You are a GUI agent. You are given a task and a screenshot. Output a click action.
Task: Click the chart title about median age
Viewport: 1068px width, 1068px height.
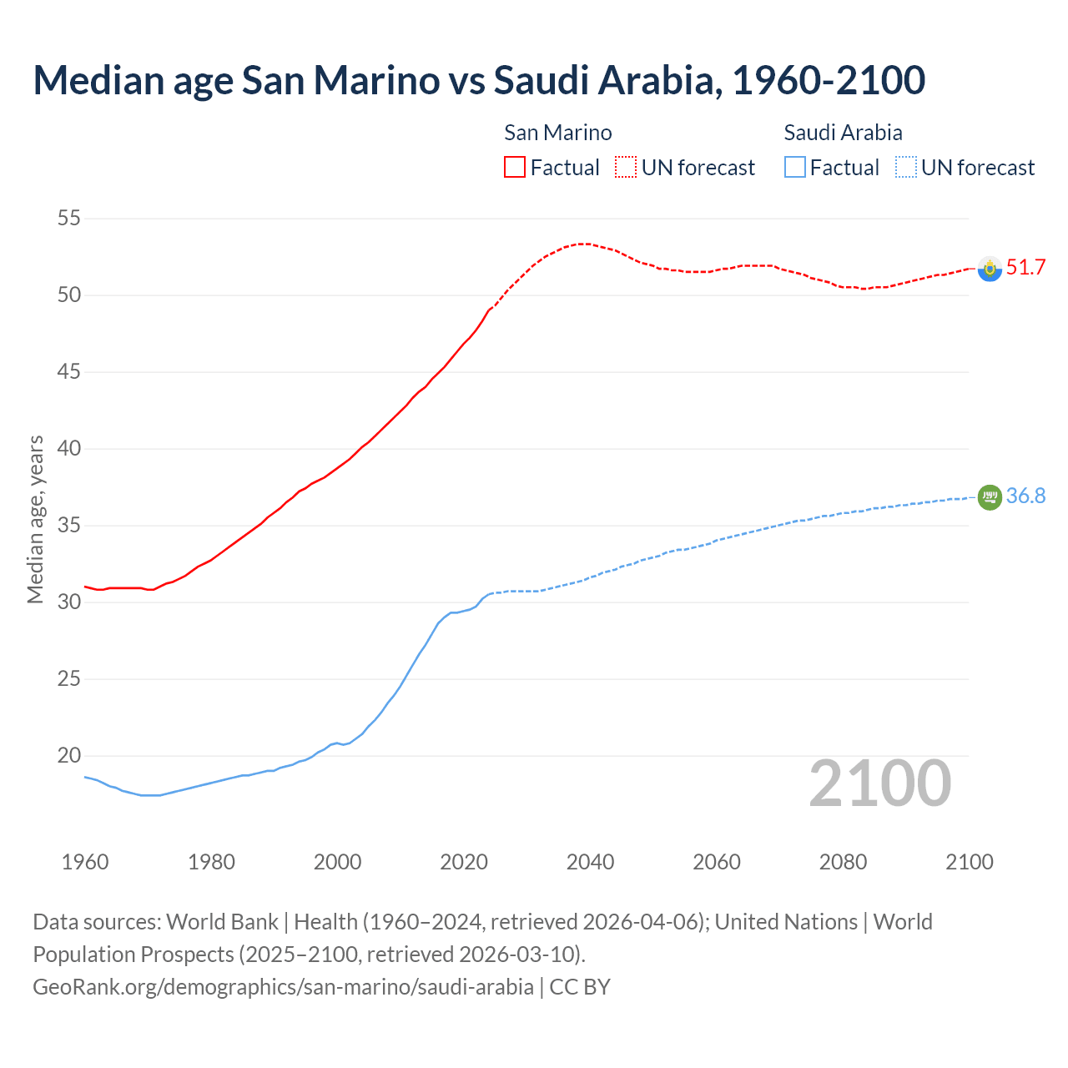[x=479, y=80]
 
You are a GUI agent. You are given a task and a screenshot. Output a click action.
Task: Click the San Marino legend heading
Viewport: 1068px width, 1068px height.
[x=557, y=133]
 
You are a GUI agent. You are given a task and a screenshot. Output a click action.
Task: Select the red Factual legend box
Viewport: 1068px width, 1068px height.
[x=515, y=167]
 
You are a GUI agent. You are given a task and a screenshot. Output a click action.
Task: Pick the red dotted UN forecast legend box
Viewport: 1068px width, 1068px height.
[x=626, y=167]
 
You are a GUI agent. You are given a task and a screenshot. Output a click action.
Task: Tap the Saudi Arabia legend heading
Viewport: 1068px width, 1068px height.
[x=843, y=133]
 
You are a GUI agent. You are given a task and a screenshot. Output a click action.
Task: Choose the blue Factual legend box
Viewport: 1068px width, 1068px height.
[x=795, y=167]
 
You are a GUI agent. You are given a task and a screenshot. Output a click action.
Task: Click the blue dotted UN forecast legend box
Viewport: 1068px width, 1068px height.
[x=906, y=167]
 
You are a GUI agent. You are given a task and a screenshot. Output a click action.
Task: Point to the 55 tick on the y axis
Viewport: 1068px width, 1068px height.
[x=68, y=219]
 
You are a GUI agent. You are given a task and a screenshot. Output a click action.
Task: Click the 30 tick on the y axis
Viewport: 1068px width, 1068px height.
[x=68, y=602]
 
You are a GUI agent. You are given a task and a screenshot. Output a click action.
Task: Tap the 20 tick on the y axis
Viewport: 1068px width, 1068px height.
[x=68, y=755]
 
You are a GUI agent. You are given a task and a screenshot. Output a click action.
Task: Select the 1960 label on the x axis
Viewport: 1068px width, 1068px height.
[x=85, y=862]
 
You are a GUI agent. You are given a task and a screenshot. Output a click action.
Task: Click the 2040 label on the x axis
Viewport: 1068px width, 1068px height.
[x=590, y=862]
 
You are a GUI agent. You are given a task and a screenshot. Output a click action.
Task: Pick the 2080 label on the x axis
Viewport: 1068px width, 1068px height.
[x=843, y=862]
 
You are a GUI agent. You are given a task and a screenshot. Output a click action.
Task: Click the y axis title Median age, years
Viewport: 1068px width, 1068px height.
[x=35, y=518]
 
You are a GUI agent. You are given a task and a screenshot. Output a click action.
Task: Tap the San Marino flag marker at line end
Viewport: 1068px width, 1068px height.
[x=990, y=269]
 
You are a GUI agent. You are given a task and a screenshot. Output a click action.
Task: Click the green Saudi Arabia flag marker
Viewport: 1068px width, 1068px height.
[x=990, y=496]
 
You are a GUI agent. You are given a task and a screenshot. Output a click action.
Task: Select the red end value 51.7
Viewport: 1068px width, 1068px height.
[x=1025, y=267]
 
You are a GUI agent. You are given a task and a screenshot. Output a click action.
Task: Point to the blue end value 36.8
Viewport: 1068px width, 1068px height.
[x=1025, y=496]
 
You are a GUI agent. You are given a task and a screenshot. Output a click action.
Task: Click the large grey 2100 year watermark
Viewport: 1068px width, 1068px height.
[x=879, y=783]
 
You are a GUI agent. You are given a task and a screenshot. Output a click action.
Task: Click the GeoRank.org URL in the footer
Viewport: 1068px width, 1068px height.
[x=283, y=986]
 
